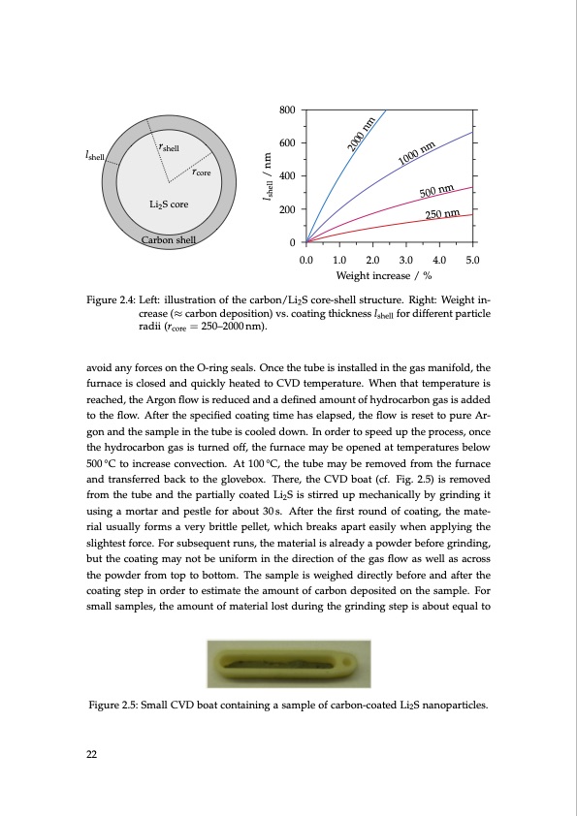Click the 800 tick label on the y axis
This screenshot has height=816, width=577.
point(287,110)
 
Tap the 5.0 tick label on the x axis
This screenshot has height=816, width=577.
point(473,261)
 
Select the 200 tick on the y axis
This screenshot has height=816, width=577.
point(287,209)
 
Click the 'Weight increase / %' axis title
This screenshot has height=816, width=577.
point(390,277)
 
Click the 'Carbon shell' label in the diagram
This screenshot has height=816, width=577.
point(169,239)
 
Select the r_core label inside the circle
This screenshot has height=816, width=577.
point(202,173)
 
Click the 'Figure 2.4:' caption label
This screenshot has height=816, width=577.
point(112,298)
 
